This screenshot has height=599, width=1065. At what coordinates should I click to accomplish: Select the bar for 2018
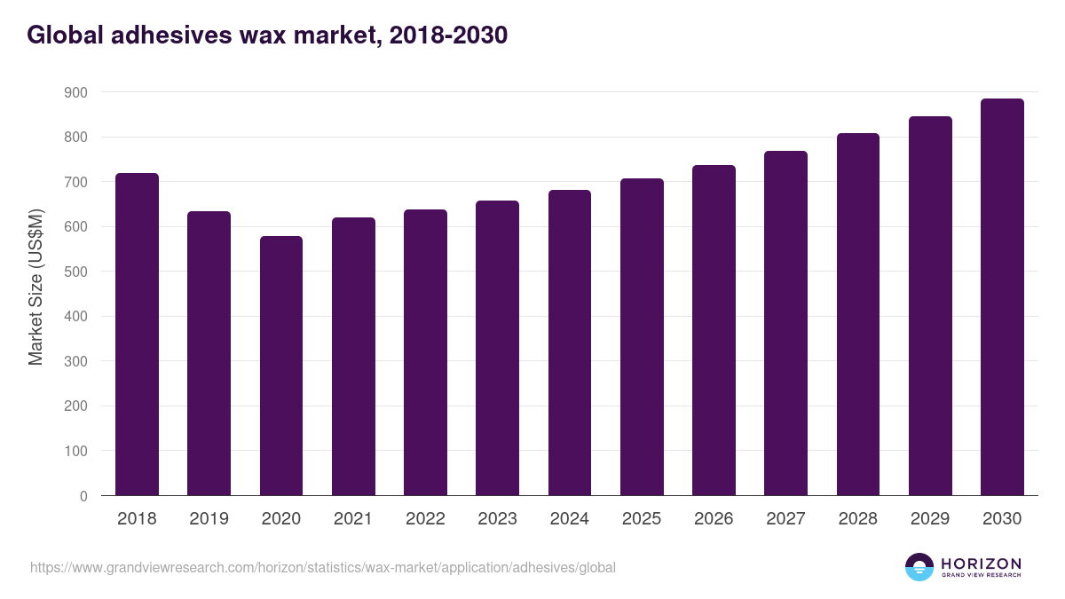click(x=137, y=335)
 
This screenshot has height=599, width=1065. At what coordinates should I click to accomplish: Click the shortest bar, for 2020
click(x=281, y=366)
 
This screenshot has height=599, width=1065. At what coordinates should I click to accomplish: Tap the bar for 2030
click(x=1002, y=297)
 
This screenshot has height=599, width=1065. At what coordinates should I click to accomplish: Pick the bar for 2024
click(x=570, y=343)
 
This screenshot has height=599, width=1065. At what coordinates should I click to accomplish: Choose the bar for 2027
click(x=785, y=323)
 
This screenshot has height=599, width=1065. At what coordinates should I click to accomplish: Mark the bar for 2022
click(x=425, y=352)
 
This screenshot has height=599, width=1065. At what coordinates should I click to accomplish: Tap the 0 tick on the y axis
click(x=83, y=496)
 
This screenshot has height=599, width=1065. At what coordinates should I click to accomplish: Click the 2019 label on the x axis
click(x=209, y=519)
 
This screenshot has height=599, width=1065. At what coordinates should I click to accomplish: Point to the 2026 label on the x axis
click(x=714, y=519)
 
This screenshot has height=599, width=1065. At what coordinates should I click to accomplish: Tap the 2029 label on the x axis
click(x=930, y=519)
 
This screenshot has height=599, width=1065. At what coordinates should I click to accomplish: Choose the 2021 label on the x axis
click(x=353, y=519)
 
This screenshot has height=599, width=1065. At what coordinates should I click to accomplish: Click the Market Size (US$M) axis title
click(x=35, y=287)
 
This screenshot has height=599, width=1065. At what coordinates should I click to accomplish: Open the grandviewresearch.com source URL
click(x=323, y=567)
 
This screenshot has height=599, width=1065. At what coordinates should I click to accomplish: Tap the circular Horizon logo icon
click(x=919, y=567)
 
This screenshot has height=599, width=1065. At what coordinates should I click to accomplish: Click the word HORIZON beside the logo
click(x=981, y=563)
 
